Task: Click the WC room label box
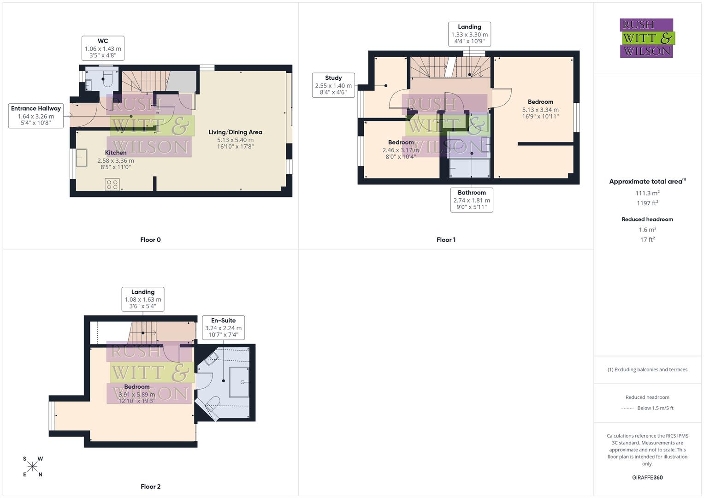click(x=103, y=48)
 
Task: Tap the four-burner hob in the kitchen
click(x=112, y=184)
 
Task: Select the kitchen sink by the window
click(x=82, y=158)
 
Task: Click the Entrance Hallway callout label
click(x=36, y=116)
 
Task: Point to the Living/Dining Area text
click(x=235, y=132)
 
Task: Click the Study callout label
click(x=333, y=85)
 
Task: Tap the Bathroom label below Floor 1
click(x=472, y=200)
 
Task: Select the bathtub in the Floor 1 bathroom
click(x=469, y=168)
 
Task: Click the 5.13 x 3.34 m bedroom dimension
click(x=540, y=110)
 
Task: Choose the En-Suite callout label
click(x=223, y=327)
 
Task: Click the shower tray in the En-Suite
click(x=239, y=382)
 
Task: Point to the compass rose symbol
click(x=32, y=467)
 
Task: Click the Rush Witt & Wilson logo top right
click(x=647, y=38)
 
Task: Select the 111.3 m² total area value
click(x=647, y=193)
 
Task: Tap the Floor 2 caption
click(x=150, y=486)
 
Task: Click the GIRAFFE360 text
click(x=647, y=477)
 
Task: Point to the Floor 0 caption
click(x=150, y=240)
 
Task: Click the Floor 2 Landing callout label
click(x=143, y=299)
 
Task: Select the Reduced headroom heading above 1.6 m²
click(x=647, y=219)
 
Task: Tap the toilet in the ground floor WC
click(x=107, y=80)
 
